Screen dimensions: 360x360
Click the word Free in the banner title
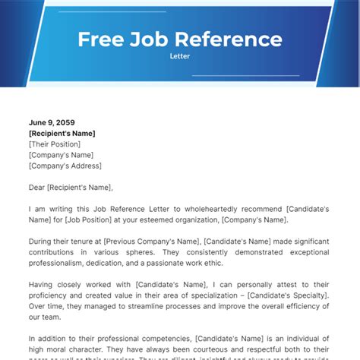(101, 39)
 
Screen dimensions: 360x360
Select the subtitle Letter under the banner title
(180, 55)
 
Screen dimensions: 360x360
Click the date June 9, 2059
(52, 122)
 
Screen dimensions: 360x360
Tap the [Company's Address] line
(65, 165)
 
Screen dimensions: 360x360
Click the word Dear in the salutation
(39, 187)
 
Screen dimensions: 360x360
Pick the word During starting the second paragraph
(42, 242)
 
